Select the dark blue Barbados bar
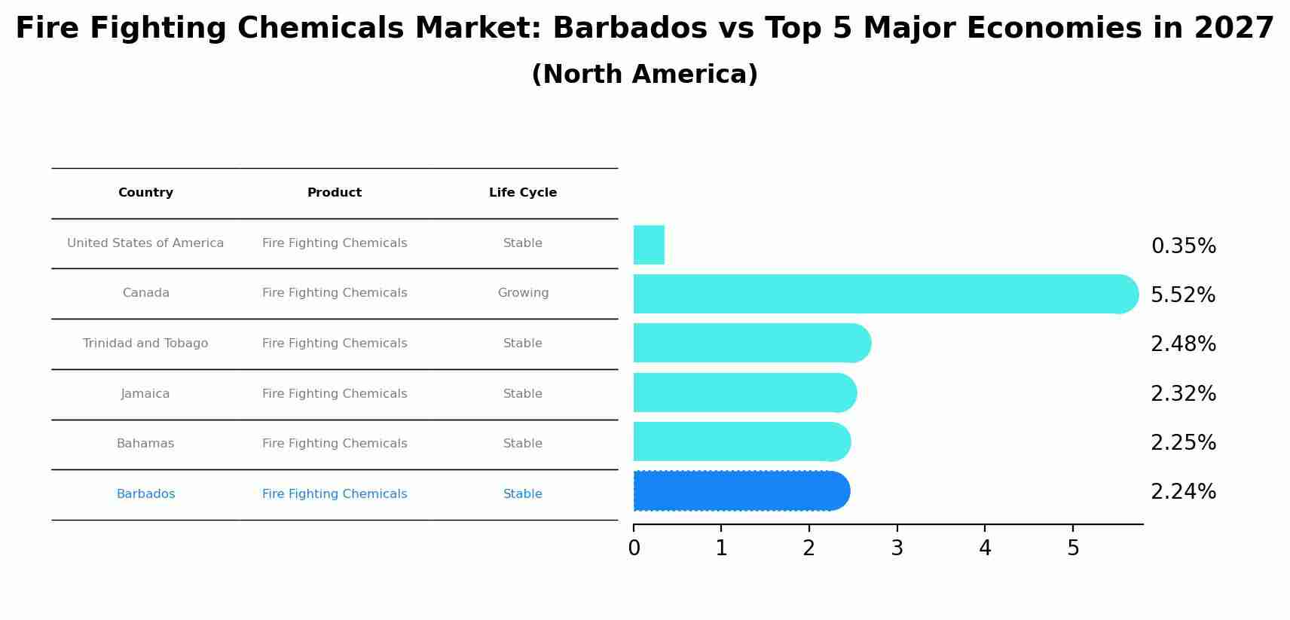click(x=741, y=491)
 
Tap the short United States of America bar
click(x=649, y=245)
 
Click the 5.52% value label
click(x=1183, y=295)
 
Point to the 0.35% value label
click(x=1183, y=246)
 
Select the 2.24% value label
click(x=1183, y=492)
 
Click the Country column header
click(x=145, y=193)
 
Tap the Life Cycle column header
click(x=523, y=193)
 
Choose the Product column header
click(x=335, y=193)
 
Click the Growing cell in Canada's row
click(x=523, y=293)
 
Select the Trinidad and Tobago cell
click(x=145, y=344)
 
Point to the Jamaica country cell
click(x=145, y=394)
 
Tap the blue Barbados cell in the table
click(x=145, y=494)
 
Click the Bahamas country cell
click(x=145, y=444)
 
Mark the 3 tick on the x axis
click(x=897, y=548)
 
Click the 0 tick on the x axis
click(x=634, y=548)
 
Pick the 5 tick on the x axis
click(x=1073, y=548)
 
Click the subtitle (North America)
click(x=644, y=75)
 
